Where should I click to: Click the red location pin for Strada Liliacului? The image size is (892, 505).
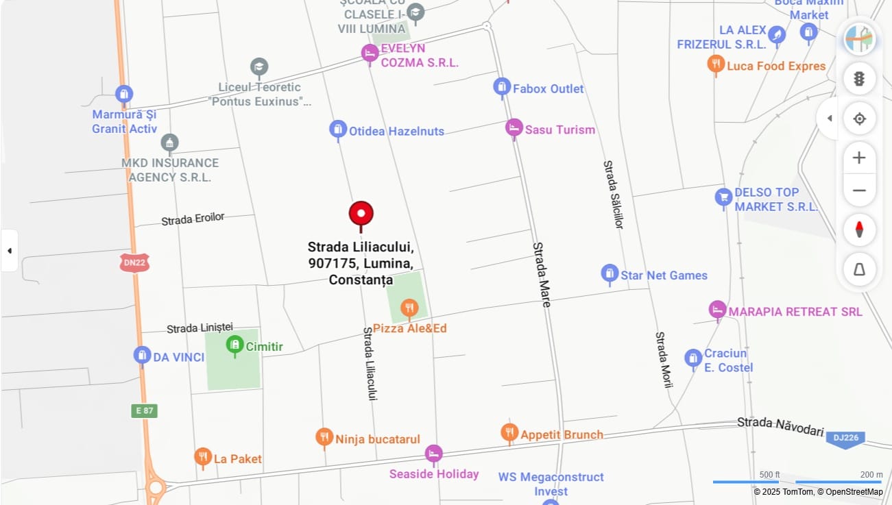click(x=361, y=214)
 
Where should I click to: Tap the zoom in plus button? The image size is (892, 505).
click(x=859, y=158)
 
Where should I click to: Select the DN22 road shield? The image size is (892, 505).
click(x=134, y=262)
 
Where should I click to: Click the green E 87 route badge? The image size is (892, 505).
click(x=144, y=411)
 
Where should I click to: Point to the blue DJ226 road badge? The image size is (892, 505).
click(x=845, y=438)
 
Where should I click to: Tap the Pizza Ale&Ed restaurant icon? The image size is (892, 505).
click(x=409, y=308)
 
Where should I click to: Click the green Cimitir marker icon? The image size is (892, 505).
click(x=234, y=344)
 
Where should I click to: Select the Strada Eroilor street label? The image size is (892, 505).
click(x=193, y=219)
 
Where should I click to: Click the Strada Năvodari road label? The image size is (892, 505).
click(x=780, y=426)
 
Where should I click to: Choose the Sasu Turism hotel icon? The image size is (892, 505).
click(x=514, y=127)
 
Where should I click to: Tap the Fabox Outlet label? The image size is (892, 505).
click(x=548, y=88)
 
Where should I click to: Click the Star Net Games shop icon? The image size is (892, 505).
click(x=610, y=274)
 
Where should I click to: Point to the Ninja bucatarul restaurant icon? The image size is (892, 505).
click(x=324, y=437)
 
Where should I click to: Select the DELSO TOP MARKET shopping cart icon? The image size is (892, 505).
click(x=723, y=197)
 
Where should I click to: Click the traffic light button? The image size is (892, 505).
click(x=859, y=79)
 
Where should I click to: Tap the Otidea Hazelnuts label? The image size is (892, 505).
click(x=396, y=131)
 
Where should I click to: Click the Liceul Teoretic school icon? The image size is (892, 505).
click(x=259, y=67)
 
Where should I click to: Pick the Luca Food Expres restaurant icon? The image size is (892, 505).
click(x=716, y=64)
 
